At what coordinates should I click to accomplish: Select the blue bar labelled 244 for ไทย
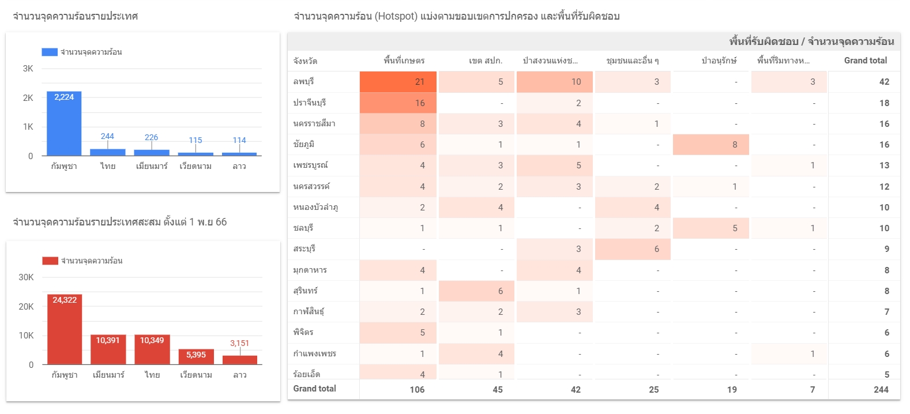107,152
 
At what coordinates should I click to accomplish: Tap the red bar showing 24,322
65,329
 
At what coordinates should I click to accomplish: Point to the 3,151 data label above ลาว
239,343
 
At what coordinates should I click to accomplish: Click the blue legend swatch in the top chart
50,52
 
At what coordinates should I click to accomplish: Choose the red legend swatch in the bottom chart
50,261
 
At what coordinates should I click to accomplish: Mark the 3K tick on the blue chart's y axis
28,69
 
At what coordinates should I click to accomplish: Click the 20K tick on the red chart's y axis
26,307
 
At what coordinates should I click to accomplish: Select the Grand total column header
865,61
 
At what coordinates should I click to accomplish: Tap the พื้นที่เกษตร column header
404,61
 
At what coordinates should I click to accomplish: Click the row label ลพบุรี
303,82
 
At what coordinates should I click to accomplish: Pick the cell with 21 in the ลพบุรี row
398,82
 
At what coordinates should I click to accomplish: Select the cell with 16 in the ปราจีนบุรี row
398,103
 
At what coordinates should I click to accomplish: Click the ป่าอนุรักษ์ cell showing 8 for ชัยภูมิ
711,145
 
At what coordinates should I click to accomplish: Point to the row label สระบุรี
304,249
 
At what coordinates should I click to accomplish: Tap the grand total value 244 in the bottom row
881,390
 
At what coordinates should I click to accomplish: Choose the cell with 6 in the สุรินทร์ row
477,291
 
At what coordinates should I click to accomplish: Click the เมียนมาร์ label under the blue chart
152,166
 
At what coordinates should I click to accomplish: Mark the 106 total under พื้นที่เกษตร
417,390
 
